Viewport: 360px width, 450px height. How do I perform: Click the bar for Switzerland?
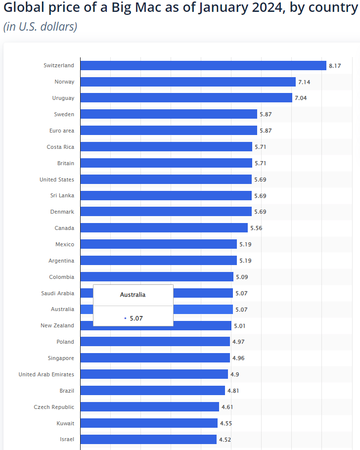pos(203,65)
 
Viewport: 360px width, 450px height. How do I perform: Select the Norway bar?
pos(188,82)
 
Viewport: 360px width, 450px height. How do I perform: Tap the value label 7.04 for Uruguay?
pos(301,98)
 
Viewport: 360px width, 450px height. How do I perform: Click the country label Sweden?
pos(64,114)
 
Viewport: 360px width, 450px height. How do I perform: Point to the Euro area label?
pos(62,131)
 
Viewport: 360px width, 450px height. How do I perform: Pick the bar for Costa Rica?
pos(166,147)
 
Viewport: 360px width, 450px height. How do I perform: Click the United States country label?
pos(57,180)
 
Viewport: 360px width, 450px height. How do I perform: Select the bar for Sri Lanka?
pos(166,196)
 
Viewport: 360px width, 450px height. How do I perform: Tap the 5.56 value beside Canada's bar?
pos(256,228)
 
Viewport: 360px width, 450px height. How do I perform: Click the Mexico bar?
pos(158,244)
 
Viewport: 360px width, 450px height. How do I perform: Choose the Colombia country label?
pos(61,277)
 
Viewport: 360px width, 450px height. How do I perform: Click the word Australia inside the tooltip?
pos(133,295)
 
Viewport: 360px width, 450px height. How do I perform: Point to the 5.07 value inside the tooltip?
pos(136,318)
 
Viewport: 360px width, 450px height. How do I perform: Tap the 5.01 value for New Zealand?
pos(240,326)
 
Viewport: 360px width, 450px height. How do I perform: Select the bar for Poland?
pos(155,342)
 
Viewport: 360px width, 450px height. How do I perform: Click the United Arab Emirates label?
pos(46,374)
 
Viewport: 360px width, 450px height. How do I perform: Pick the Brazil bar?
pos(152,391)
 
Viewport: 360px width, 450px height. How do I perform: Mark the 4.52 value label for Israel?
pos(225,440)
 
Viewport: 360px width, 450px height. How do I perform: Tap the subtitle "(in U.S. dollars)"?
pos(41,27)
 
